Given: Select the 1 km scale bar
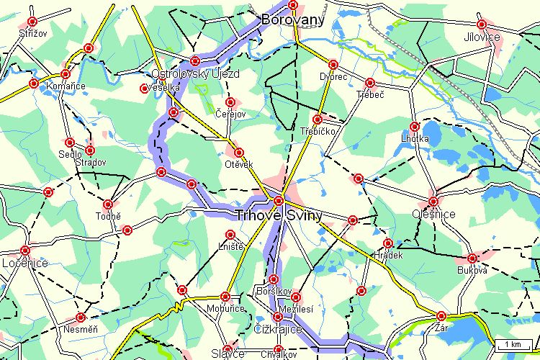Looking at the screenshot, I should click(513, 343).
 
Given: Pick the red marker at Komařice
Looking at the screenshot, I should click(66, 74).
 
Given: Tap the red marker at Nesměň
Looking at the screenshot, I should click(81, 318).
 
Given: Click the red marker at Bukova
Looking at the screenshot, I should click(472, 258).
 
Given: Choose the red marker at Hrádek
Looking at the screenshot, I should click(388, 243).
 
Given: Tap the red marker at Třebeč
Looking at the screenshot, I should click(370, 83).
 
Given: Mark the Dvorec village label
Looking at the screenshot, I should click(333, 76).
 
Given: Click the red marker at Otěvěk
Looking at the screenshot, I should click(239, 153).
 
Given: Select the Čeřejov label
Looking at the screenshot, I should click(230, 114).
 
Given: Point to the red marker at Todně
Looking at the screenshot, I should click(108, 204).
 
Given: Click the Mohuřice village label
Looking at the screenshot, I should click(225, 308).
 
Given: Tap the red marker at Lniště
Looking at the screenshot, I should click(230, 235).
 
